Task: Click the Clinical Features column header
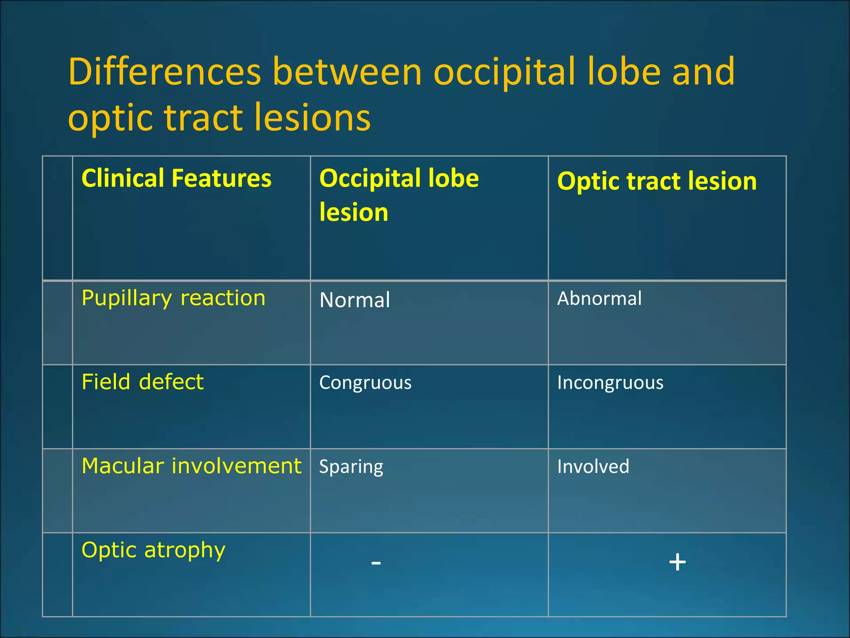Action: (x=176, y=179)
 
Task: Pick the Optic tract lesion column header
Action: (x=657, y=182)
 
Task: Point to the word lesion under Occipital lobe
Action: (x=354, y=213)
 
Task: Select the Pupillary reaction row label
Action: (x=173, y=299)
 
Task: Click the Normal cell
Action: (x=355, y=300)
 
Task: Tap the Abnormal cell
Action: (x=599, y=299)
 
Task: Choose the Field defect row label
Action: (x=142, y=382)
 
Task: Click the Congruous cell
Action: (x=365, y=383)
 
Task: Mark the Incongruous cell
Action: (x=610, y=383)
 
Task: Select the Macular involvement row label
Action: (x=191, y=466)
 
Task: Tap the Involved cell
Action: (x=593, y=466)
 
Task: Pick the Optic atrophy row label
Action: (x=154, y=550)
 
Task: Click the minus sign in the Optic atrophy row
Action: (x=376, y=563)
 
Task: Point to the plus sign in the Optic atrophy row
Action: (x=677, y=562)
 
